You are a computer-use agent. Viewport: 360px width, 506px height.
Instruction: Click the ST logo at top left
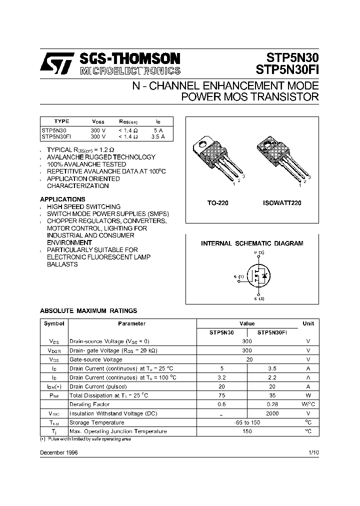(x=57, y=63)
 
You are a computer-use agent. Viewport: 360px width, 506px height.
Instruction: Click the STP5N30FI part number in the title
(x=287, y=69)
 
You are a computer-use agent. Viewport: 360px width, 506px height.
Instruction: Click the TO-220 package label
(x=217, y=203)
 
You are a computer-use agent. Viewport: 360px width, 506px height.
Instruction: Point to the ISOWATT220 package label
(x=282, y=203)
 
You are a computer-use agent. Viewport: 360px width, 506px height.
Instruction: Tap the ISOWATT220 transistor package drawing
(x=283, y=159)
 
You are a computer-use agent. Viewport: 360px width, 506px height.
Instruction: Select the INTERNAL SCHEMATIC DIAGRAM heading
(x=252, y=243)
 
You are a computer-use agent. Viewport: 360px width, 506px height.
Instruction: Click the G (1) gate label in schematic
(x=238, y=276)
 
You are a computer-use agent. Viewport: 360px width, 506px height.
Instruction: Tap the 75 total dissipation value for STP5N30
(x=221, y=395)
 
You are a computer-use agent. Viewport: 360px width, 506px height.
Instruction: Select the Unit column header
(x=308, y=323)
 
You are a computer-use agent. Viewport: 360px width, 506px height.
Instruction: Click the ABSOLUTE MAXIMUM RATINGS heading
(x=88, y=311)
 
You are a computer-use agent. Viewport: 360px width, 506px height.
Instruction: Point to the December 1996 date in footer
(x=59, y=452)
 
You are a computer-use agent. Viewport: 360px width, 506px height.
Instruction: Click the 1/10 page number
(x=313, y=452)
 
